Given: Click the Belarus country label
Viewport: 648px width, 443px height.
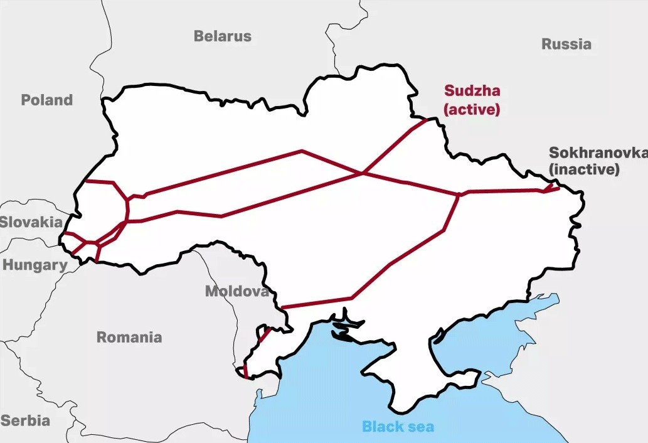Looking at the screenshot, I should coord(222,36).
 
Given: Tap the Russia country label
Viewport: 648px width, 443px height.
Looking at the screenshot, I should coord(566,44).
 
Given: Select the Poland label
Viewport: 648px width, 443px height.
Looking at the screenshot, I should coord(46,100).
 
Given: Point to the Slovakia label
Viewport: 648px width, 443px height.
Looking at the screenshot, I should coord(31,221).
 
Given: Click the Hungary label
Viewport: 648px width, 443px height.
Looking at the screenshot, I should coord(34,265).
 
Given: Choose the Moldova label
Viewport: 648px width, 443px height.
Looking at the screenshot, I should coord(236,291).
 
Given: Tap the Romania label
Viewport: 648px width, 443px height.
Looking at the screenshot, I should coord(129,337).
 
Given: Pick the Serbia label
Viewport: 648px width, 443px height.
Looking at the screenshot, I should coord(25,420).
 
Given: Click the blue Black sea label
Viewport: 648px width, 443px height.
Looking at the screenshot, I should coord(398,427).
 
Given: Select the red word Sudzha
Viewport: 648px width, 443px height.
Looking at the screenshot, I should coord(472,90).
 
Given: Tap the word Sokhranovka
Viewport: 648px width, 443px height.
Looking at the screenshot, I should coord(597,153).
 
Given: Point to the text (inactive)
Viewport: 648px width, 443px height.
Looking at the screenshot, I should coord(584,169).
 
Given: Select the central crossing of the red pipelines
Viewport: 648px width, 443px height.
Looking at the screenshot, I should coord(363,173).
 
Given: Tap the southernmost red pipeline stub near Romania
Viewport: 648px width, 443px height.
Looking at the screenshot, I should coord(245,371).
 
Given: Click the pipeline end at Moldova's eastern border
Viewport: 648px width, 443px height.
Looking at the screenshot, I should coord(282,307).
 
